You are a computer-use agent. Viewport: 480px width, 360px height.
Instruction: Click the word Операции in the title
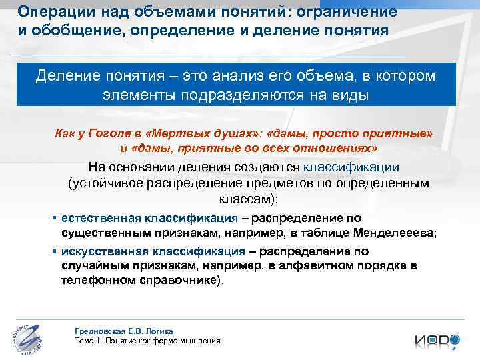pyautogui.click(x=49, y=11)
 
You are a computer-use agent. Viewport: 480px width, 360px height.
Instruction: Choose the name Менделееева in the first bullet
pyautogui.click(x=397, y=233)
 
